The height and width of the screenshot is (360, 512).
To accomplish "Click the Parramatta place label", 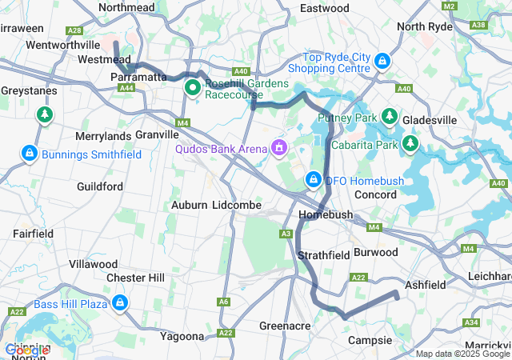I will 137,76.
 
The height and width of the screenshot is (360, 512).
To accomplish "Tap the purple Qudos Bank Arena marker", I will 279,147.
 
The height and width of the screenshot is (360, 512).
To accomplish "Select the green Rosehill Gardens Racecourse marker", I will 193,86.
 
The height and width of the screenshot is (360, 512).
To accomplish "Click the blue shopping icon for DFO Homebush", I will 314,180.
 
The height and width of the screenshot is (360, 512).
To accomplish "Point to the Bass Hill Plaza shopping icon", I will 120,302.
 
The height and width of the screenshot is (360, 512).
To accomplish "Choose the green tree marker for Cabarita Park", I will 410,143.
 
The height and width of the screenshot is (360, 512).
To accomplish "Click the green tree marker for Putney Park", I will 390,116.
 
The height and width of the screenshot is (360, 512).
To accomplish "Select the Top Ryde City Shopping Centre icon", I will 383,60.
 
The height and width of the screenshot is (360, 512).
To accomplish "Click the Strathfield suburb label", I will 324,255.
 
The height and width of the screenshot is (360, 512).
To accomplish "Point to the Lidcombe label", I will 237,205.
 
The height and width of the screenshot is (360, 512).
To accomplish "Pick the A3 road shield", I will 286,233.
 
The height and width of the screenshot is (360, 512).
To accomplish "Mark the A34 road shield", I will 471,322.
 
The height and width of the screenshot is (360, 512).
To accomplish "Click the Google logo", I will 26,350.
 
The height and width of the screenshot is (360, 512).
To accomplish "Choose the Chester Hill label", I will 135,278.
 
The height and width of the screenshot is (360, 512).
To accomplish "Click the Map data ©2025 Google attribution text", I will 462,354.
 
